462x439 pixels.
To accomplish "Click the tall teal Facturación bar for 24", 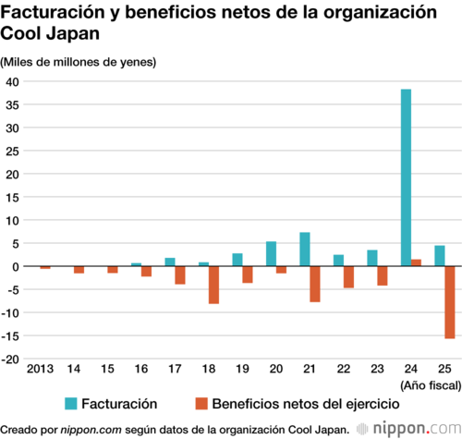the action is [406, 177].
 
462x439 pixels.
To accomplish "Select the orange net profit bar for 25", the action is [450, 302].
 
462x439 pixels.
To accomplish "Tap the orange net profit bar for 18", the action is [213, 285].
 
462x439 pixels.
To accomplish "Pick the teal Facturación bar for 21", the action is [305, 249].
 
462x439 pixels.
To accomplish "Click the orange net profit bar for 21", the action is [315, 284].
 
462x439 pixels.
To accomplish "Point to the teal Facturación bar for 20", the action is [271, 253].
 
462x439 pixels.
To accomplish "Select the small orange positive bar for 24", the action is [416, 262].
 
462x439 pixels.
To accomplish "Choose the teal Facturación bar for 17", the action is [170, 262].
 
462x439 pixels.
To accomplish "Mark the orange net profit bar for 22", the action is [348, 277].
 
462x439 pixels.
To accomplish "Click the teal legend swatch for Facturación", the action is [71, 404].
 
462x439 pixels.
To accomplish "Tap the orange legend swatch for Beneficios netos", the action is [201, 404].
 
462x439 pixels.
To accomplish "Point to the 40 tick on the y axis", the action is [12, 81].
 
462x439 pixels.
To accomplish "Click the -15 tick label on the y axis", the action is [10, 335].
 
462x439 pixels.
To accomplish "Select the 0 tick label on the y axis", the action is [16, 266].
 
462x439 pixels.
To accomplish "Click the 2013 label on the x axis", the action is [40, 369].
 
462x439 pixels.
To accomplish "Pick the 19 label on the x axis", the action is [242, 369].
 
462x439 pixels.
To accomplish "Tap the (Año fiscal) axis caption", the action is [431, 385].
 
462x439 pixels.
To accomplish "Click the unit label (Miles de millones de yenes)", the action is [79, 62].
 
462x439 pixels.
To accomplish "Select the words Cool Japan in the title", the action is [50, 33].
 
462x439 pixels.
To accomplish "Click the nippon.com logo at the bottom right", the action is [409, 429].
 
